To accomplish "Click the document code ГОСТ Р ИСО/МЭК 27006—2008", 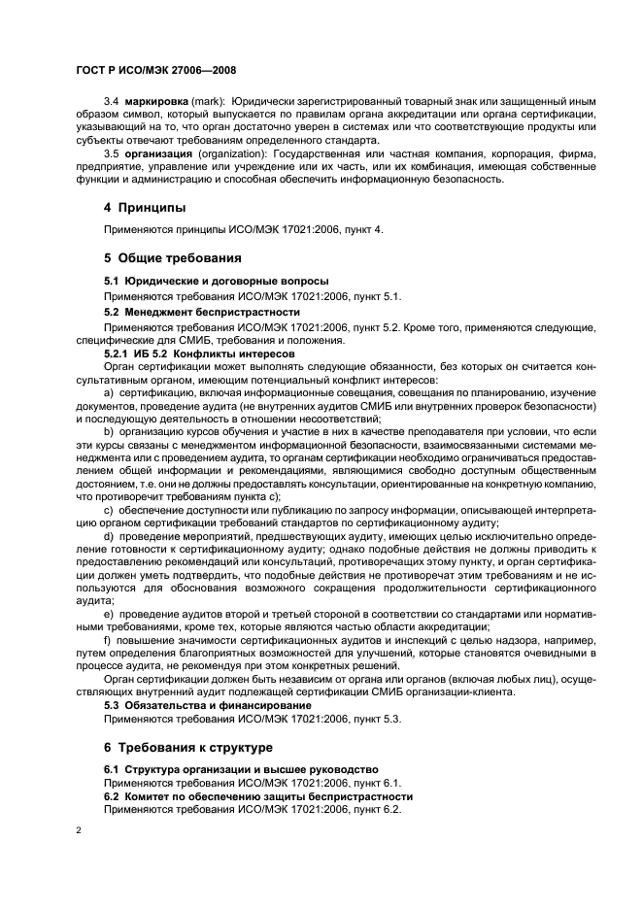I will (x=156, y=71).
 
